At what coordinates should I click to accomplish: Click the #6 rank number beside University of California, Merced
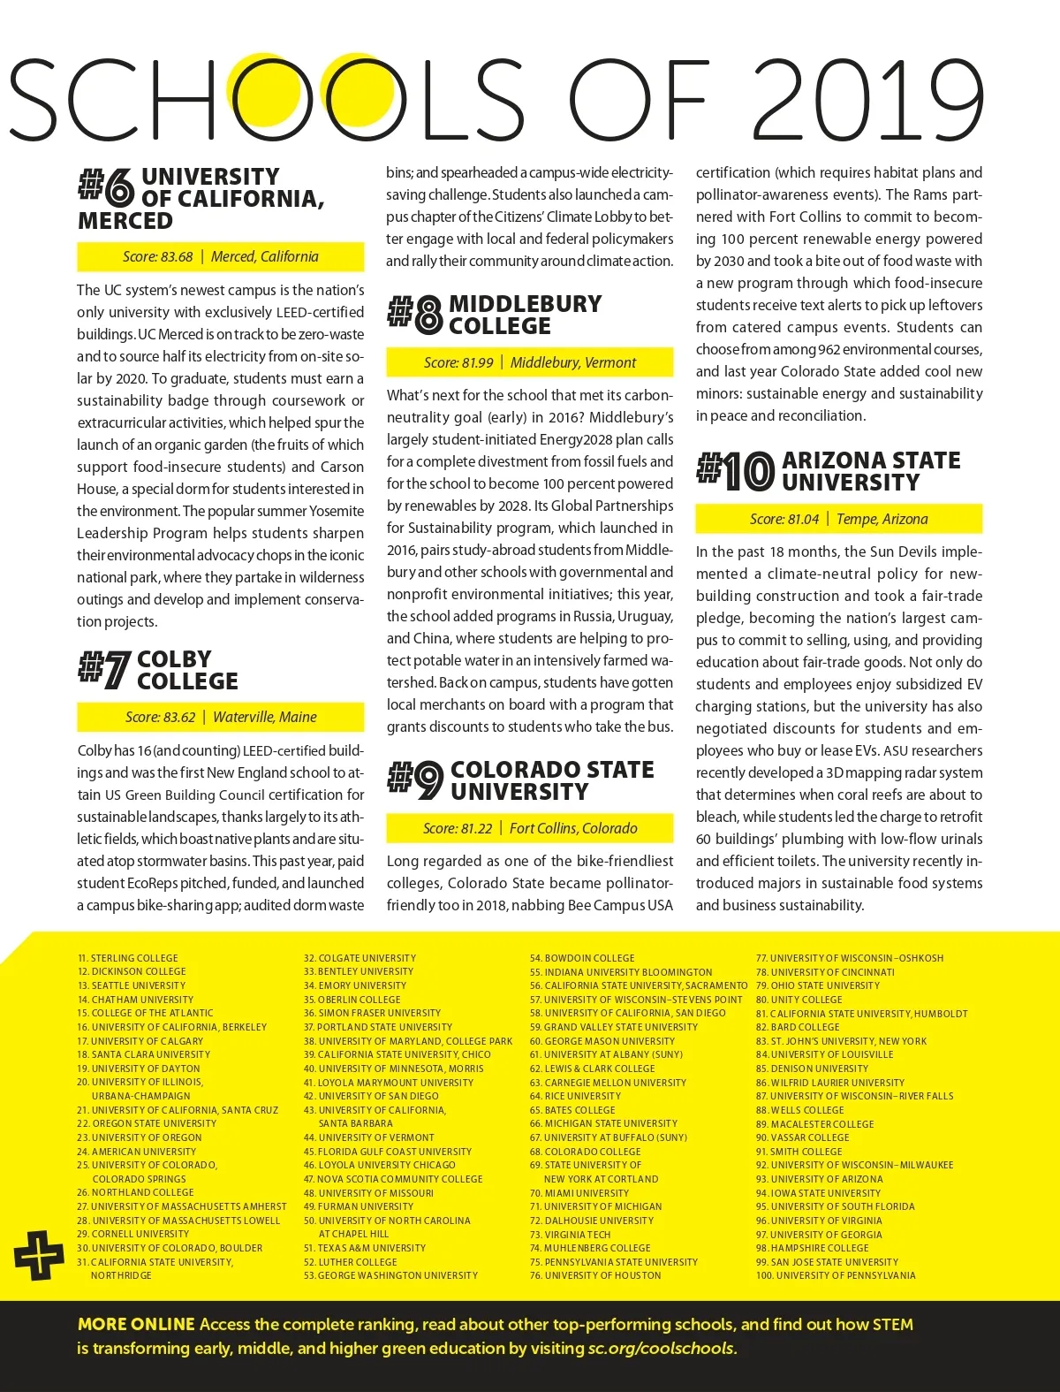tap(106, 187)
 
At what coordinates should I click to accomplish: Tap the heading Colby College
tap(187, 670)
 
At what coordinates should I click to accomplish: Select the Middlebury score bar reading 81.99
tap(529, 362)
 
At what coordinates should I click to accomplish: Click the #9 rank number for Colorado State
tap(415, 780)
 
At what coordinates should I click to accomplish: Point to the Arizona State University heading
tap(870, 471)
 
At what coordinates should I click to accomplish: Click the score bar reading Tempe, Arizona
tap(838, 519)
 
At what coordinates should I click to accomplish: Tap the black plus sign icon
tap(39, 1254)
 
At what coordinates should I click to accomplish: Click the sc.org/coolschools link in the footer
tap(662, 1349)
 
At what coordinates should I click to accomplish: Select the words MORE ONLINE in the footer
tap(136, 1324)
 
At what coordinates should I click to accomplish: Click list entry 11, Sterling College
tap(128, 958)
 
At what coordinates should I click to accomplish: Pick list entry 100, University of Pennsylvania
tap(836, 1275)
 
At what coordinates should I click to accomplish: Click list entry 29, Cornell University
tap(132, 1234)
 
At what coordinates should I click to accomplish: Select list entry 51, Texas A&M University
tap(365, 1248)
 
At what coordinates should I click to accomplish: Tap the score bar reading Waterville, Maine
tap(221, 717)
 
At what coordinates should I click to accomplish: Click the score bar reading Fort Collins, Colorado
tap(529, 828)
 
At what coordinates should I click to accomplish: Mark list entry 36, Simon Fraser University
tap(372, 1013)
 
